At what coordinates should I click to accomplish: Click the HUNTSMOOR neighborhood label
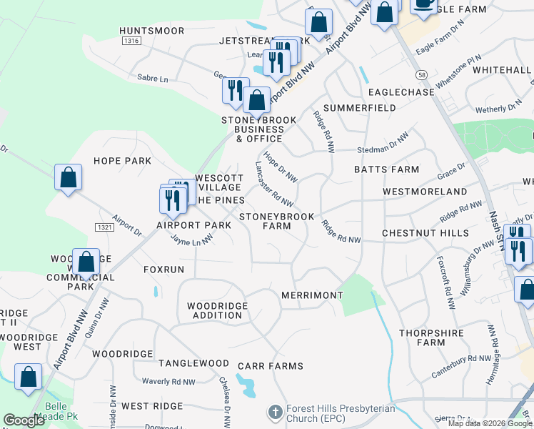[x=152, y=31]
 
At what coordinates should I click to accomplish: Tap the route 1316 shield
[x=131, y=41]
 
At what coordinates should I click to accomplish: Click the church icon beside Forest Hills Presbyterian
[x=276, y=412]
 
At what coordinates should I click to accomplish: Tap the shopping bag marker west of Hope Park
[x=68, y=179]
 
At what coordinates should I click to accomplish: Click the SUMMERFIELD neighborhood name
[x=359, y=107]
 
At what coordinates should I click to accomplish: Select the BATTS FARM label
[x=386, y=169]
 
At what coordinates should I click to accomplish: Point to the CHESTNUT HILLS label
[x=425, y=233]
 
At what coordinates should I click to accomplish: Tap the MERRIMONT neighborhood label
[x=312, y=295]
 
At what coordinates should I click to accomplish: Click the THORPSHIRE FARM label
[x=432, y=337]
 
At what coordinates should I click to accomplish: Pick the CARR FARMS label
[x=271, y=366]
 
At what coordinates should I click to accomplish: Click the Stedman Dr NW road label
[x=383, y=147]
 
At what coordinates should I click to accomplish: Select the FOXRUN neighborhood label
[x=163, y=270]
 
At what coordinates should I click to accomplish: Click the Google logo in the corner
[x=24, y=420]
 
